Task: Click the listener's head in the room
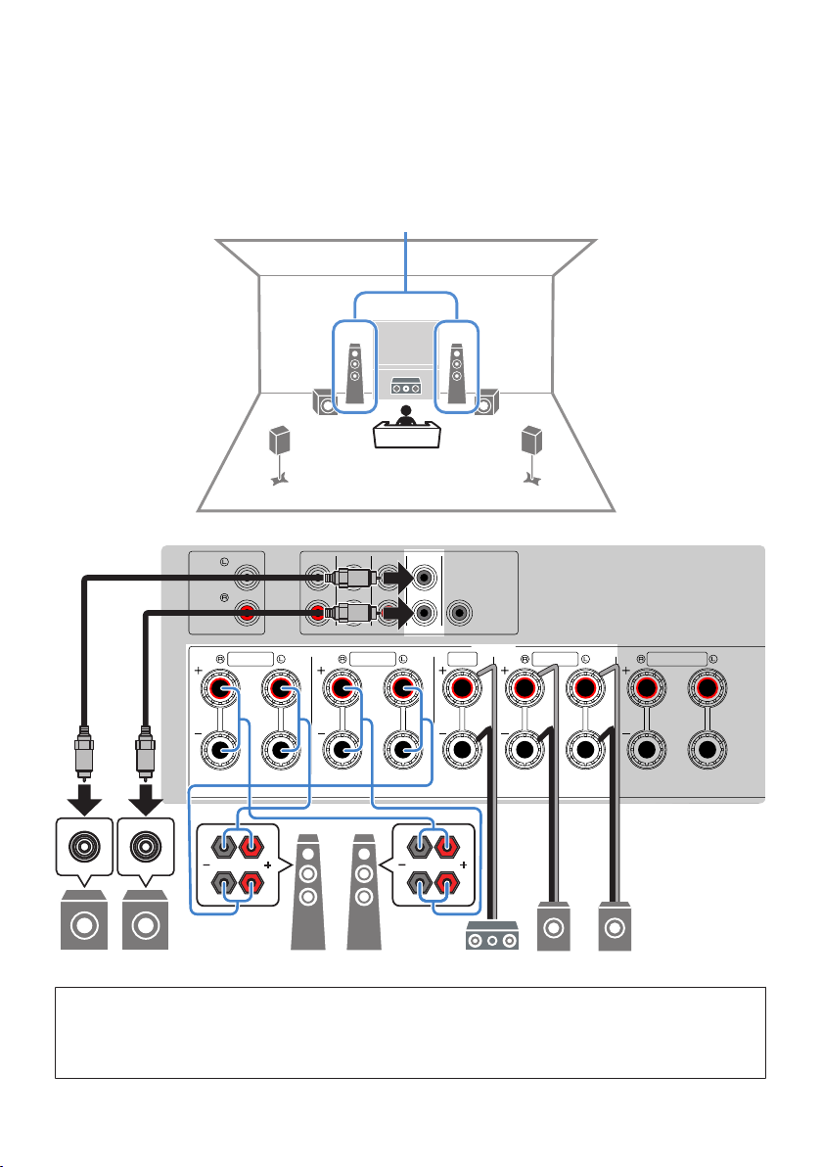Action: coord(405,410)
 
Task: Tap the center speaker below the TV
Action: coord(405,387)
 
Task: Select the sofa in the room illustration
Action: coord(406,435)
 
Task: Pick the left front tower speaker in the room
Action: coord(355,373)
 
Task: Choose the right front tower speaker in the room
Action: coord(457,373)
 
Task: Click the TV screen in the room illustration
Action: coord(405,343)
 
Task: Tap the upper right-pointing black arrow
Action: coord(398,577)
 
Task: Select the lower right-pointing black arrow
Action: coord(398,613)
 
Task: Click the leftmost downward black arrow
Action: coord(85,799)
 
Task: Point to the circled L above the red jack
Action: coord(224,562)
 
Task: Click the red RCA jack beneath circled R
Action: coord(247,613)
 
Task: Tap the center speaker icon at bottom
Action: coord(492,936)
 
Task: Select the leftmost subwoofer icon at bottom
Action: coord(84,920)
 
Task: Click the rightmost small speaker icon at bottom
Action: coord(616,926)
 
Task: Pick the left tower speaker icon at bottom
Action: coord(308,892)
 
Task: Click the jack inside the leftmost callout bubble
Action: coord(84,847)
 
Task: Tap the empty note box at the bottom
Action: coord(411,1033)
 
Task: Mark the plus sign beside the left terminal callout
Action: coord(268,864)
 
